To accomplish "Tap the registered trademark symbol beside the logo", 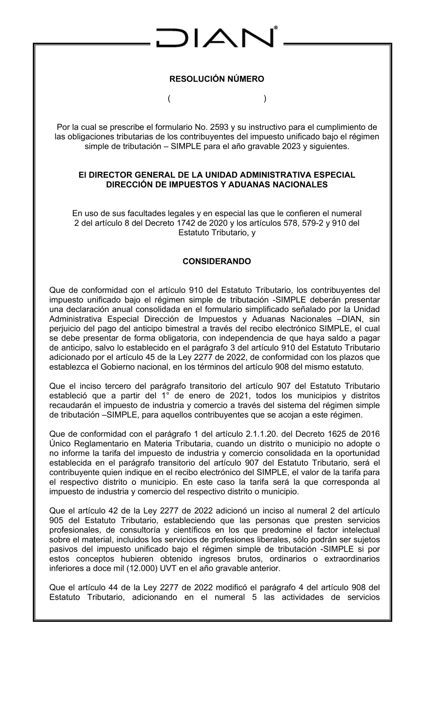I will point(276,28).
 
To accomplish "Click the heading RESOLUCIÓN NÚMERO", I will point(217,79).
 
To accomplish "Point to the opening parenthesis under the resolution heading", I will point(169,99).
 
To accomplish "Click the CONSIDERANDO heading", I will point(217,261).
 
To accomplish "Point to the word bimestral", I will point(213,329).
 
